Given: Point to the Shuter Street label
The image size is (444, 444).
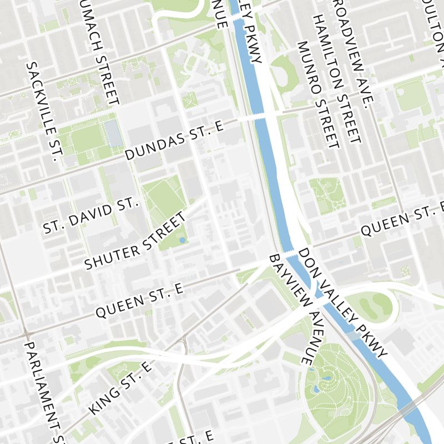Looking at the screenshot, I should pos(136,243).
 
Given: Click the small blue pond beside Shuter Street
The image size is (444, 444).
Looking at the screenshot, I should pos(182,240).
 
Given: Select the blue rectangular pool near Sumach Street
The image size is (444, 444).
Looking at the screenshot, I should pos(114,134).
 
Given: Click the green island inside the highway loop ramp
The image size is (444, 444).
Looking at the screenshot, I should pos(375,305).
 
